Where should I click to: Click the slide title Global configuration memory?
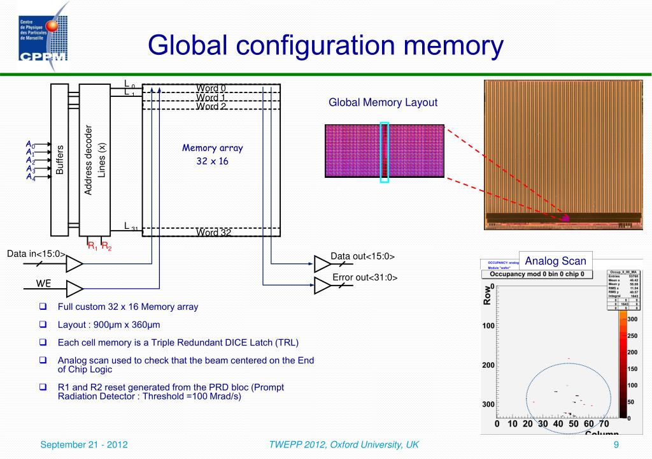tap(325, 45)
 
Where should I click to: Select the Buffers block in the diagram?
tap(59, 159)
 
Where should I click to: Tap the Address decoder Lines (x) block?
tap(94, 159)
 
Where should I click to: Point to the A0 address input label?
tap(30, 145)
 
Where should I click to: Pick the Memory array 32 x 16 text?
tap(212, 154)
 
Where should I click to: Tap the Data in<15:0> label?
tap(36, 254)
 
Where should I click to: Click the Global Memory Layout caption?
tap(383, 102)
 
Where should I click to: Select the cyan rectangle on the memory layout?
tap(384, 152)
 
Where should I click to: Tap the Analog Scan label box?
tap(555, 261)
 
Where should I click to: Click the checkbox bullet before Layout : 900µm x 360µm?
tap(43, 324)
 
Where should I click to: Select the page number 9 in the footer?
tap(616, 444)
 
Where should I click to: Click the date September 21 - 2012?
tap(83, 444)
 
